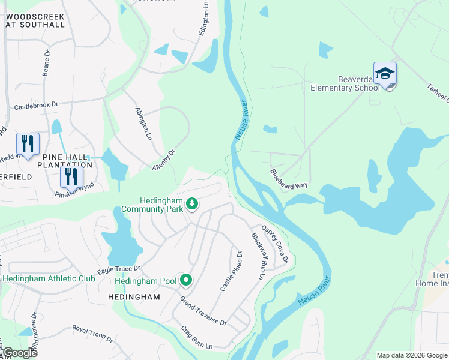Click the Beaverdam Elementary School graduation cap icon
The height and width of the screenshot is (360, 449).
pos(385,74)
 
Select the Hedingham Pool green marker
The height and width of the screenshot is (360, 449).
pos(187,280)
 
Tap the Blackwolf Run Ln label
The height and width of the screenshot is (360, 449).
pos(256,257)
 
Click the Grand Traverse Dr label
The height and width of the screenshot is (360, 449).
pos(203,311)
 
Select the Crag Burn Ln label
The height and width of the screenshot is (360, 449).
pos(197,338)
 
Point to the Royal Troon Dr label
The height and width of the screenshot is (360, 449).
pos(92,334)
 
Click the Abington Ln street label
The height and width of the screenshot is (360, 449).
pos(143,125)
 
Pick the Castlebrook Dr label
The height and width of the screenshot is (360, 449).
pos(36,105)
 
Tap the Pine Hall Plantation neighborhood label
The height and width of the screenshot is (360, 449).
pos(65,160)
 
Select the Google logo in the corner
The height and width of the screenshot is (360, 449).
pos(19,353)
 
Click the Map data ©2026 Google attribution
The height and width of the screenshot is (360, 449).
pos(411,355)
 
